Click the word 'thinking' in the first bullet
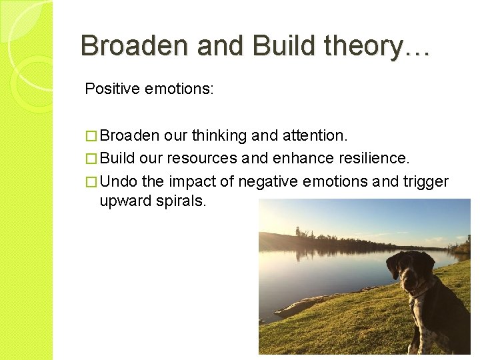click(x=219, y=136)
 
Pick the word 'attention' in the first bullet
click(x=312, y=136)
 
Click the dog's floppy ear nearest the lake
click(x=395, y=266)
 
